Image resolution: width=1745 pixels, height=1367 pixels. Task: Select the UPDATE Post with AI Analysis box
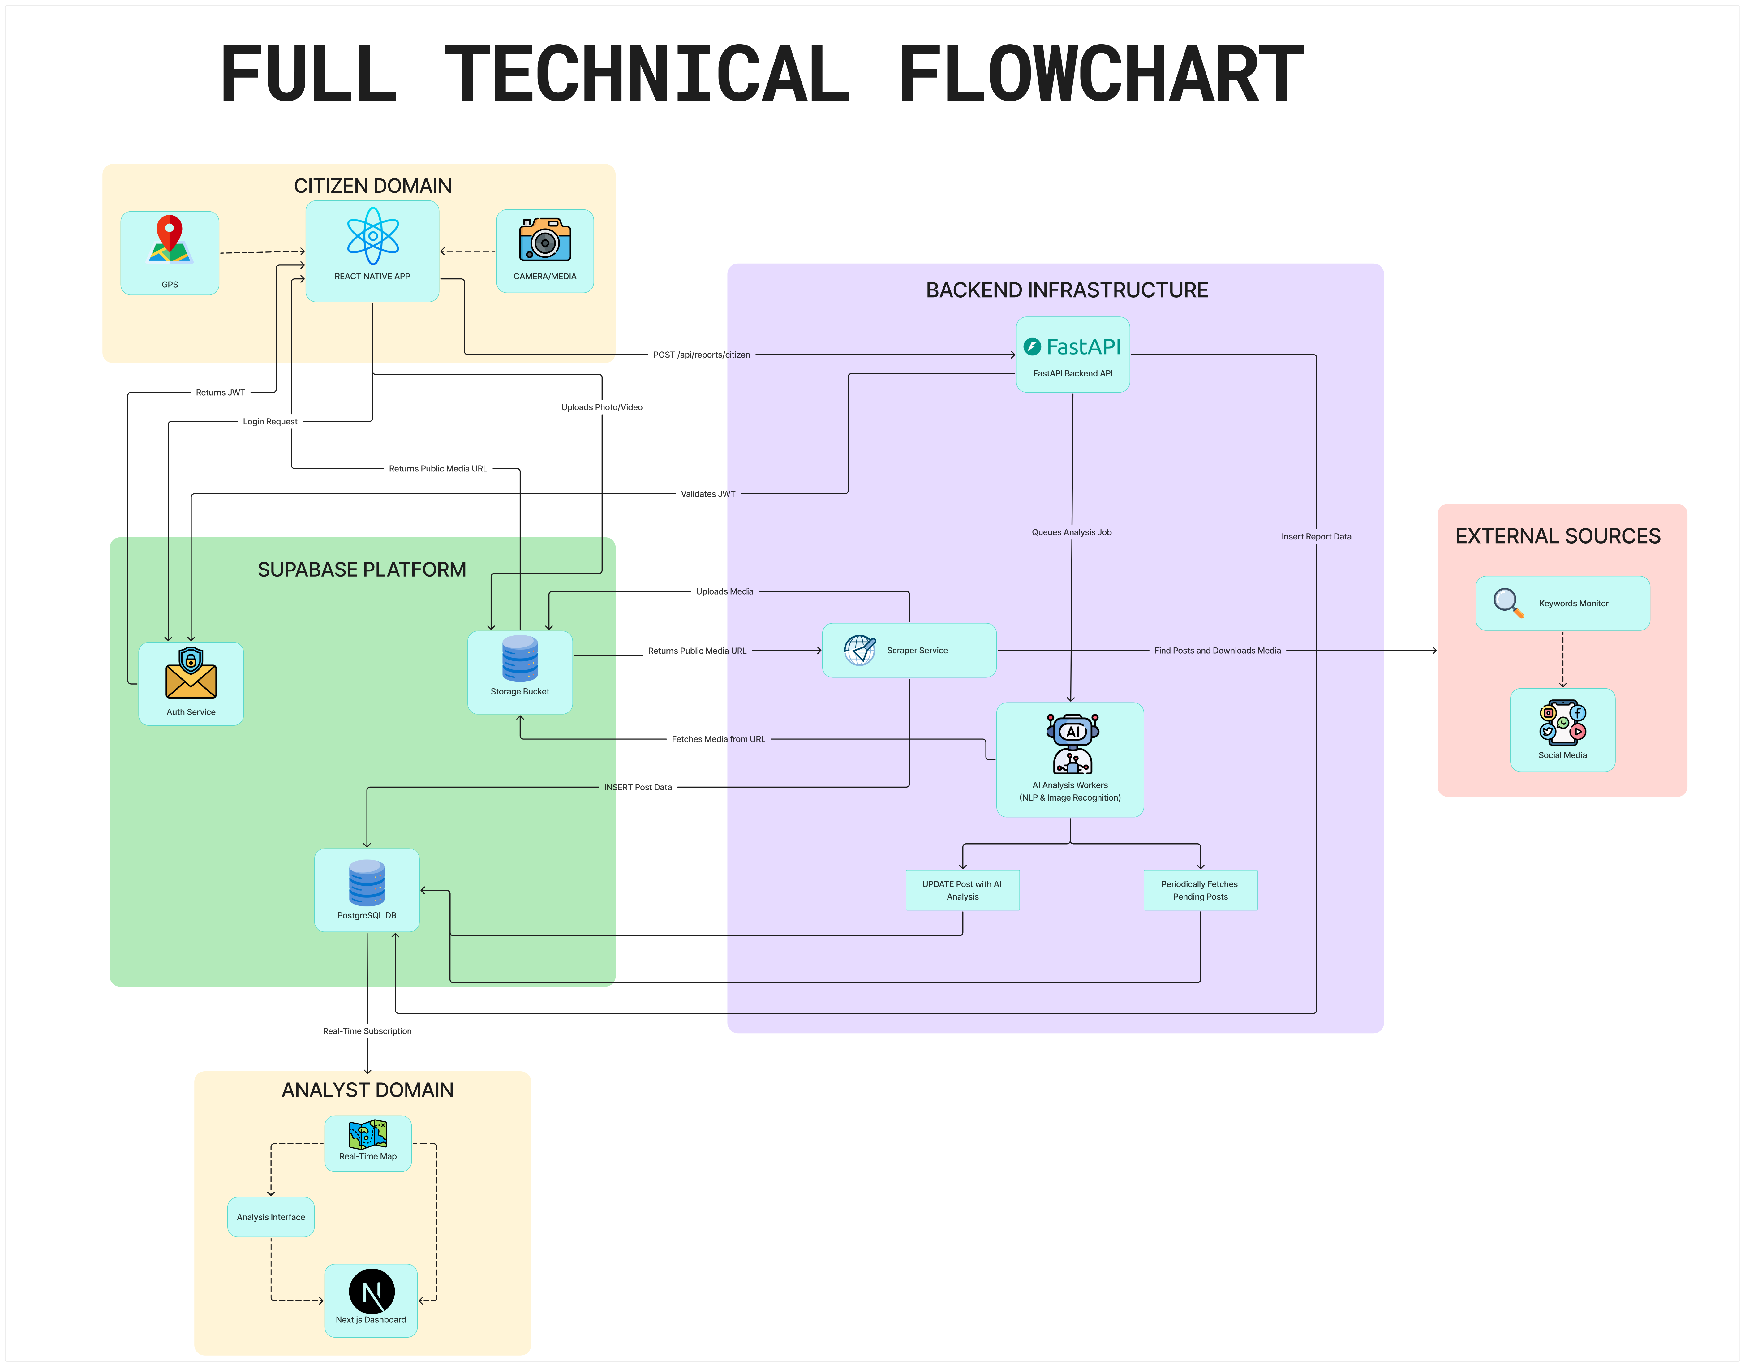click(962, 890)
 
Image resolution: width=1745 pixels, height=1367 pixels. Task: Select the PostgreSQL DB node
click(367, 890)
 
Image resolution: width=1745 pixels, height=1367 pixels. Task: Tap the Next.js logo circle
click(372, 1291)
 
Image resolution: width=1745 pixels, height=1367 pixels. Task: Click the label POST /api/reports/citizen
click(701, 355)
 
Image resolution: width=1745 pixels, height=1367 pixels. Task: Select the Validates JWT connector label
click(707, 494)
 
